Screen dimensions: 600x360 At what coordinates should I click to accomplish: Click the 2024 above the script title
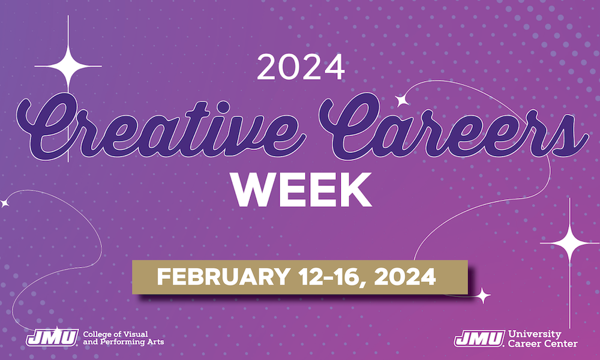[x=301, y=67]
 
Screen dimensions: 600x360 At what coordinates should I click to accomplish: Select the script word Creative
[x=161, y=128]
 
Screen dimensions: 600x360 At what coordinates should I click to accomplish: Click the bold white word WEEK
[x=301, y=190]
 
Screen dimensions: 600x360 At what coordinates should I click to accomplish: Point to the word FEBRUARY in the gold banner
[x=223, y=277]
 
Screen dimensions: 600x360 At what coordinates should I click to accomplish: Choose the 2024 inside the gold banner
[x=405, y=277]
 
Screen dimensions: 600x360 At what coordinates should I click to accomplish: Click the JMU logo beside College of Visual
[x=52, y=337]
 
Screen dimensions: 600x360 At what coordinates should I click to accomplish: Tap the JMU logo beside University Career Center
[x=479, y=338]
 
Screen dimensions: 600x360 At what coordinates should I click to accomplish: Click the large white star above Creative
[x=68, y=66]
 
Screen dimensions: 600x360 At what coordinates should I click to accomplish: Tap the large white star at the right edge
[x=570, y=242]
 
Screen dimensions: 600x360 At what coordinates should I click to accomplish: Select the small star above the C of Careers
[x=402, y=100]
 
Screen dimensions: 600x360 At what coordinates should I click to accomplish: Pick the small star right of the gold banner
[x=482, y=295]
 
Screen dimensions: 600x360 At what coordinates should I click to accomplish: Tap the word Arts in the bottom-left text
[x=156, y=341]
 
